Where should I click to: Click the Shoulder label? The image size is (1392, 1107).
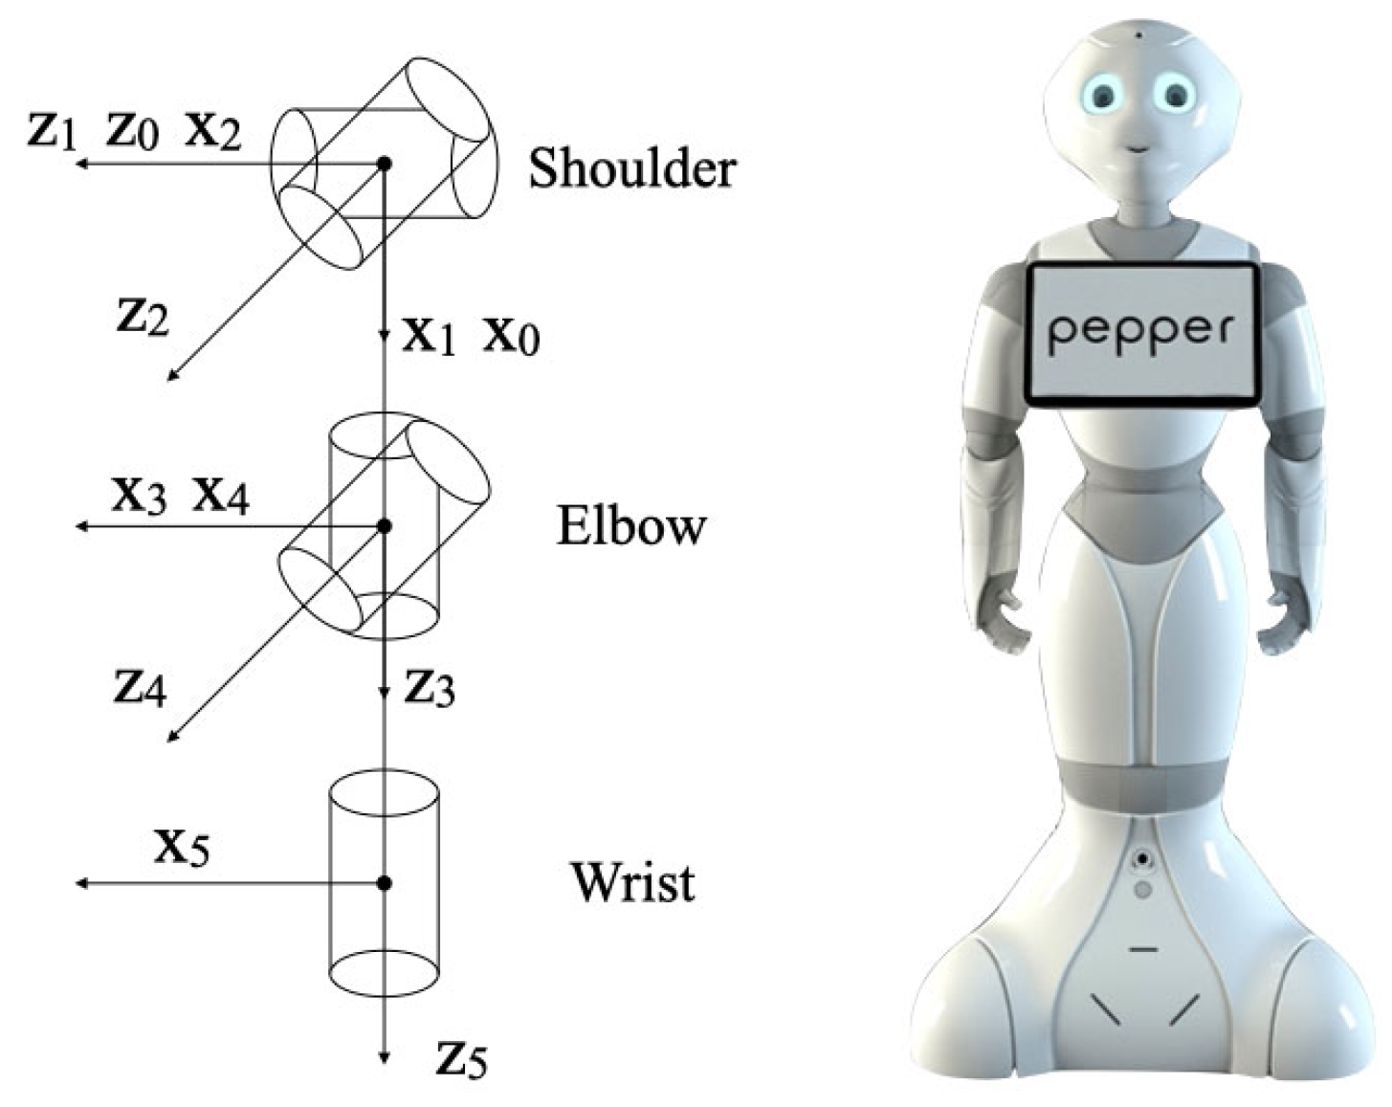pyautogui.click(x=632, y=169)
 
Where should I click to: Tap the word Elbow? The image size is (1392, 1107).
pyautogui.click(x=631, y=526)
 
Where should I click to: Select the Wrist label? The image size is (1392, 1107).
pyautogui.click(x=633, y=882)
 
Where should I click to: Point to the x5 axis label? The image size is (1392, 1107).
pyautogui.click(x=182, y=846)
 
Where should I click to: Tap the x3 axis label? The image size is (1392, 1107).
pyautogui.click(x=140, y=496)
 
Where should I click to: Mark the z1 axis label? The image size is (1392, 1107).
pyautogui.click(x=51, y=131)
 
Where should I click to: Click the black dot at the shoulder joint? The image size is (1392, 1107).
pyautogui.click(x=384, y=164)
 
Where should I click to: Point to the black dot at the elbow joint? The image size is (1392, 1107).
pyautogui.click(x=384, y=526)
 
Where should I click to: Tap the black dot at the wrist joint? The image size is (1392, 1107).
pyautogui.click(x=384, y=883)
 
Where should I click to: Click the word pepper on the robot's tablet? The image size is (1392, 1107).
pyautogui.click(x=1141, y=331)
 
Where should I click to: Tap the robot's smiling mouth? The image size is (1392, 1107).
pyautogui.click(x=1138, y=148)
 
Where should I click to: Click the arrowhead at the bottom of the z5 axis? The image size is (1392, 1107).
pyautogui.click(x=384, y=1056)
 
